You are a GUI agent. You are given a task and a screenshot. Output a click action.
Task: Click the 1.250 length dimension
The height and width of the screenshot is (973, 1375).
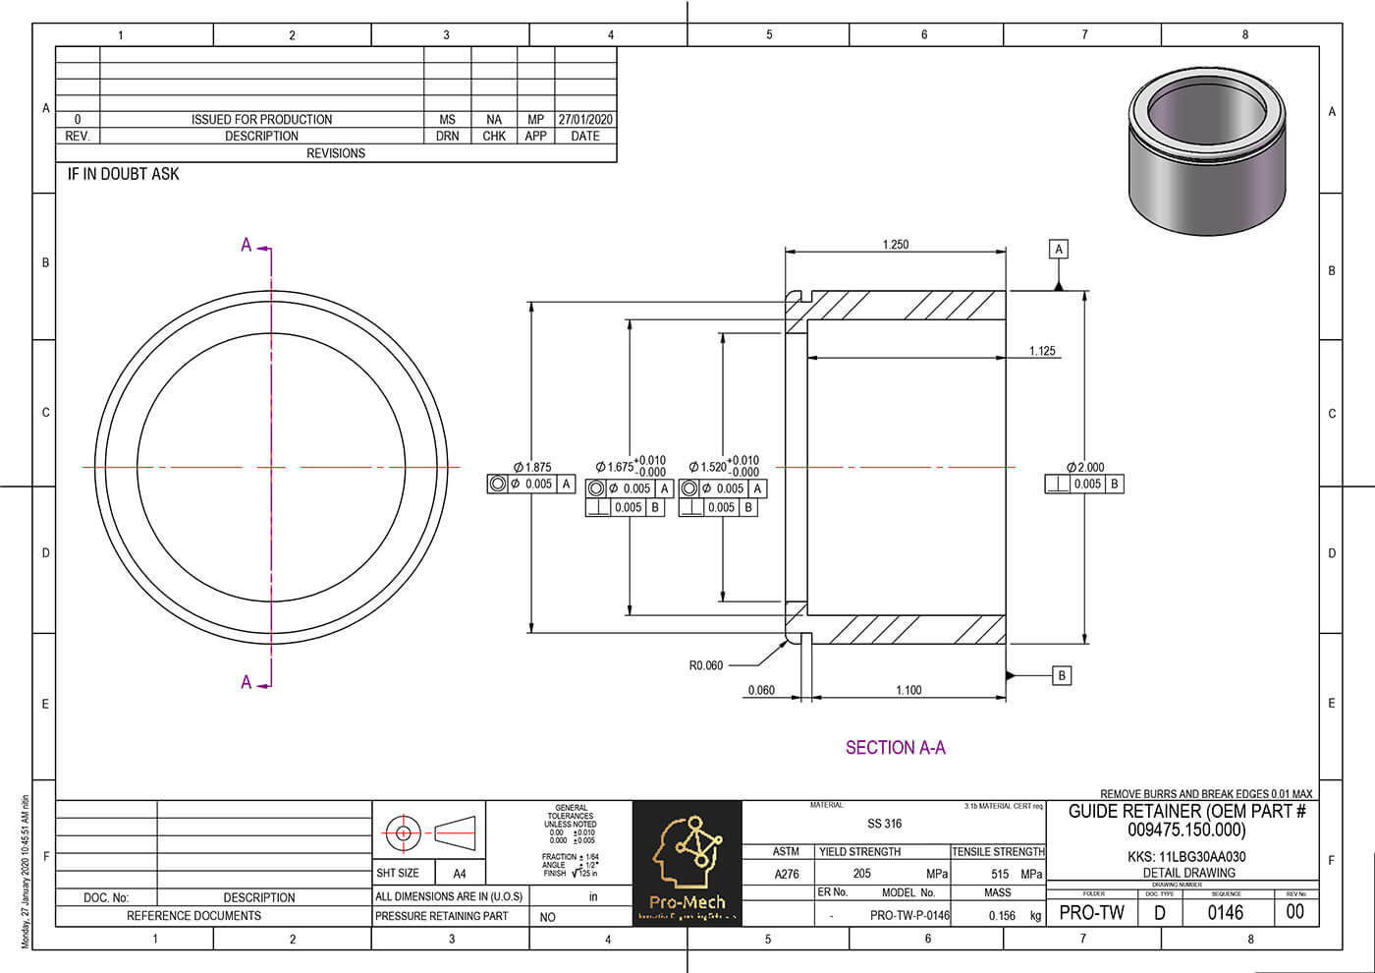click(x=895, y=245)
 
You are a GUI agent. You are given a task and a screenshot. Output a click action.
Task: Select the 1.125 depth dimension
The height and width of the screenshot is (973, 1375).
click(x=1042, y=351)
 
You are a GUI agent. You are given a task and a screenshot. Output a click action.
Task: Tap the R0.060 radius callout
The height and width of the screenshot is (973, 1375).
click(x=705, y=665)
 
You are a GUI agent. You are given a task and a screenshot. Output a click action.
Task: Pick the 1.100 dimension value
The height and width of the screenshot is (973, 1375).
click(x=908, y=690)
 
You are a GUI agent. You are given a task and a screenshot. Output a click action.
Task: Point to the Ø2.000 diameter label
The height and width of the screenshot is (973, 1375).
click(x=1085, y=468)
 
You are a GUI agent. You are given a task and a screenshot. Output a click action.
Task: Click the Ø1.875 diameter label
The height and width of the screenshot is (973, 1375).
click(x=532, y=468)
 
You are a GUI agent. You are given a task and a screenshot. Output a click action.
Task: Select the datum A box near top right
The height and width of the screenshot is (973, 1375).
click(x=1059, y=250)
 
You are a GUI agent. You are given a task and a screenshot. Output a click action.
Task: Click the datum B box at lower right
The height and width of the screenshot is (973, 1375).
click(x=1061, y=676)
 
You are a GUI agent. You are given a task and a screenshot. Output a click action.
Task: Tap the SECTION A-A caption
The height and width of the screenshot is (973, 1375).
click(x=895, y=748)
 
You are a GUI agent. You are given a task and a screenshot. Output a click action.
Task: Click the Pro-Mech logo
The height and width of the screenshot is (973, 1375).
click(x=687, y=863)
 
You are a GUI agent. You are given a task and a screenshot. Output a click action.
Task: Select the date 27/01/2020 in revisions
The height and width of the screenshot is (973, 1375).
click(x=585, y=119)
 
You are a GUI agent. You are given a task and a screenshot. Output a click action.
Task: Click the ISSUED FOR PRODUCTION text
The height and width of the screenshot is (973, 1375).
click(x=261, y=119)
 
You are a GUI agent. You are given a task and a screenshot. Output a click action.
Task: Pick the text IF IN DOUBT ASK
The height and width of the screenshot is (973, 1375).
click(x=123, y=174)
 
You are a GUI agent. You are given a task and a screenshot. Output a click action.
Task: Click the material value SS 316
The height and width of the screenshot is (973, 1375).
click(x=884, y=824)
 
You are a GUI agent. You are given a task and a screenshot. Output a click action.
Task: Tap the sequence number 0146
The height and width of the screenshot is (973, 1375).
click(x=1225, y=913)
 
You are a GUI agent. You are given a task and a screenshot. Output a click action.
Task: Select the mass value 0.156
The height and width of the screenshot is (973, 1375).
click(x=1002, y=915)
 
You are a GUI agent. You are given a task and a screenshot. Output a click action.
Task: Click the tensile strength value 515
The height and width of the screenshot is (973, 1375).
click(x=1000, y=874)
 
